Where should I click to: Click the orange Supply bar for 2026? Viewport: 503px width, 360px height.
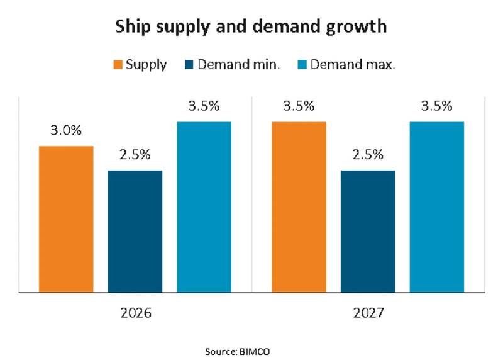[x=66, y=219]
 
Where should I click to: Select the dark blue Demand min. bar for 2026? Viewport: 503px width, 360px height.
[x=135, y=231]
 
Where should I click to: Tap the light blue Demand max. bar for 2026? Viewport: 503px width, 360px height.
[x=204, y=207]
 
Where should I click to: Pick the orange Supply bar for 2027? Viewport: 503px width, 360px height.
[x=299, y=207]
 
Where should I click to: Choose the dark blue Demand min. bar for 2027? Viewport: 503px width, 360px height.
[x=368, y=231]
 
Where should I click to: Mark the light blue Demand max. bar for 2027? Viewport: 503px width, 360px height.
[x=437, y=207]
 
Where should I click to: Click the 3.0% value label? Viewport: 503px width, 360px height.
[x=66, y=130]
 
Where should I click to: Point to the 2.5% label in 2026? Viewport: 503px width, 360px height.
[x=135, y=155]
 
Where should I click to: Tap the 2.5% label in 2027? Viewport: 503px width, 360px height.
[x=368, y=155]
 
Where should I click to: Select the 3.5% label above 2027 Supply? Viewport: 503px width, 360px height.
[x=299, y=106]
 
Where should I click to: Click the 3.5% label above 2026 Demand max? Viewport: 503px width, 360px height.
[x=204, y=106]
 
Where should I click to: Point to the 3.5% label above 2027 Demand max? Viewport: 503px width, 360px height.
[x=437, y=106]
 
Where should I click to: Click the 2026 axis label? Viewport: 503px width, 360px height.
[x=136, y=313]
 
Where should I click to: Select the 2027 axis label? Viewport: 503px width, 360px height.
[x=368, y=313]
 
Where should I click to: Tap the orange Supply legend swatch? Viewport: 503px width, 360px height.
[x=118, y=65]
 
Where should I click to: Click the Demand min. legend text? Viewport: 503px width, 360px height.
[x=239, y=65]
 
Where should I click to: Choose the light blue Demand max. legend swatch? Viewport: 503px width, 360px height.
[x=302, y=65]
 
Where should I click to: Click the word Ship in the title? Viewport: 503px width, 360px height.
[x=133, y=26]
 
